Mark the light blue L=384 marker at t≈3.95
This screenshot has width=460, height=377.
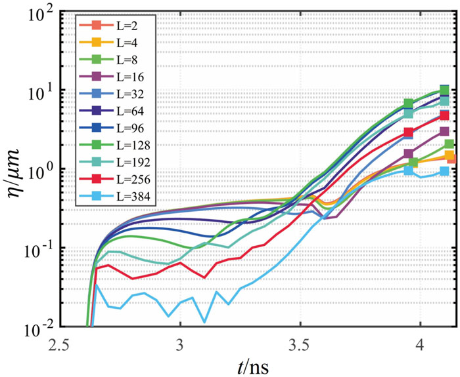(408, 170)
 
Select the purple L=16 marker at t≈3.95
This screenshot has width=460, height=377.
(408, 154)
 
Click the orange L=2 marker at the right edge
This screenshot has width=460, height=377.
(451, 158)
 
